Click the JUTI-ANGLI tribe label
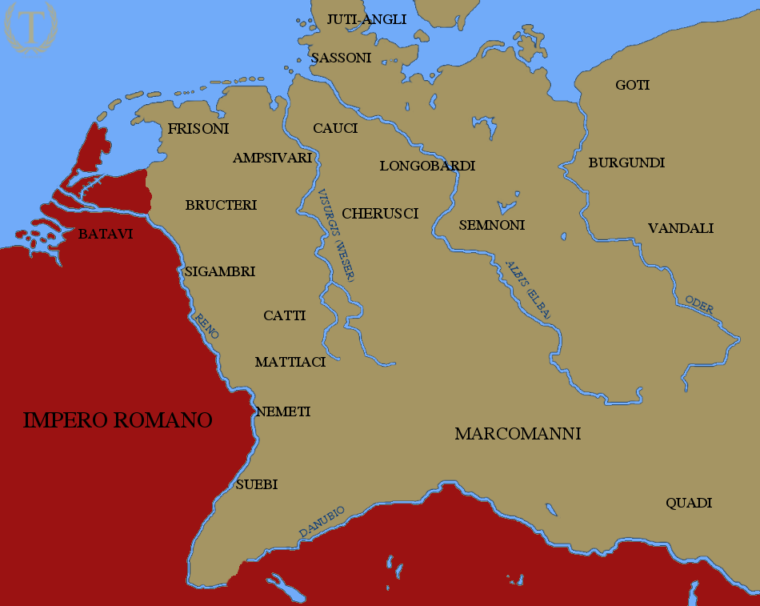367,19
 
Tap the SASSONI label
341,58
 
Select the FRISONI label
198,128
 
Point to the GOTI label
632,85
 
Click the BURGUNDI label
626,163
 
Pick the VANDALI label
680,228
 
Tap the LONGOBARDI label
427,166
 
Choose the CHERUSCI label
380,214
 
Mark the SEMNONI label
491,225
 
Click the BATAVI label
105,235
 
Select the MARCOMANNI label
518,434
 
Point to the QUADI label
689,503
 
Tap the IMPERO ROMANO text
118,420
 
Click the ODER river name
699,304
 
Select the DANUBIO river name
322,521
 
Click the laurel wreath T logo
30,29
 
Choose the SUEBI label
256,484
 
